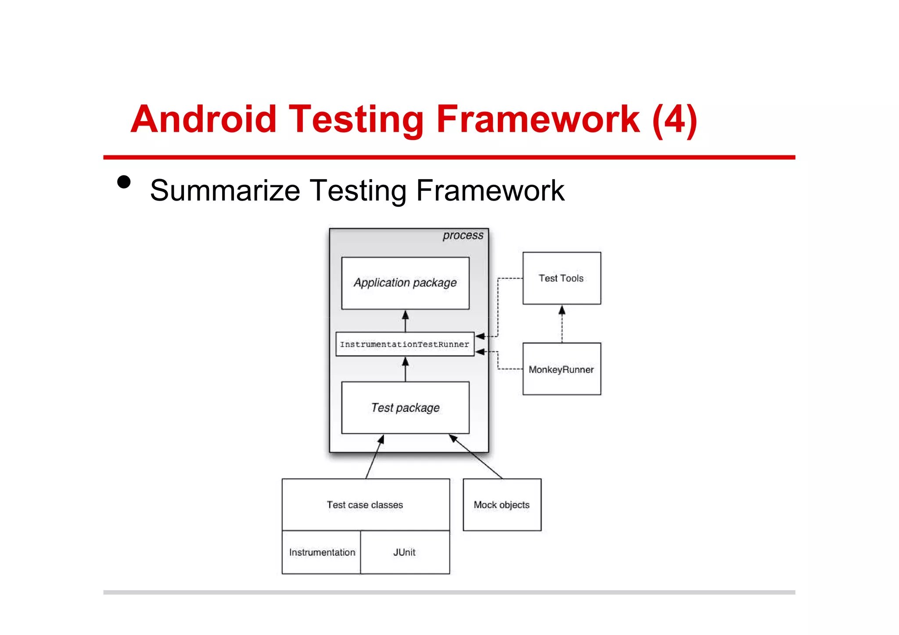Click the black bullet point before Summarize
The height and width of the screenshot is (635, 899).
click(124, 182)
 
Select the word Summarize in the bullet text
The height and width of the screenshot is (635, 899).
click(225, 191)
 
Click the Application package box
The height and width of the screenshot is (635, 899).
click(405, 283)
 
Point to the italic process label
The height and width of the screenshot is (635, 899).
click(463, 236)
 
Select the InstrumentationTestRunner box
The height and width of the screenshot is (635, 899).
click(404, 344)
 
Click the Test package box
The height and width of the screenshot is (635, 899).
click(405, 408)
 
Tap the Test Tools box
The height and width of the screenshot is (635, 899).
click(561, 278)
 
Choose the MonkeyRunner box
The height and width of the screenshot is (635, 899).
click(561, 369)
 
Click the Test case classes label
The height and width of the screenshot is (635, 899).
click(365, 505)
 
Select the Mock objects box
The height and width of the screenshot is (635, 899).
click(502, 505)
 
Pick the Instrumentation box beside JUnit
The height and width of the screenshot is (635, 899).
click(322, 552)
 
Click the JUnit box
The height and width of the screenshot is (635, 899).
click(404, 552)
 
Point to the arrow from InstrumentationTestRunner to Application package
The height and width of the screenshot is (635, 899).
click(405, 321)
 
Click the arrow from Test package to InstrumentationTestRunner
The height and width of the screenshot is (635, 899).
click(405, 369)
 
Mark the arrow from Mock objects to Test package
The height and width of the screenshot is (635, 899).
click(476, 456)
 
